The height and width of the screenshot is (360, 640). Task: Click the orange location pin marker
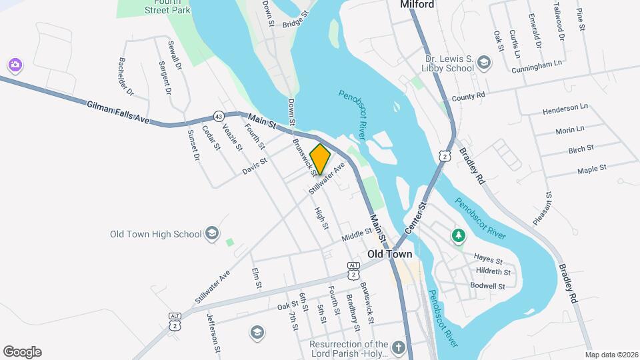coord(321,159)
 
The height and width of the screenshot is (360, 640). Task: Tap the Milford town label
coord(417,5)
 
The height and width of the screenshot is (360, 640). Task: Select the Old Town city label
coord(389,254)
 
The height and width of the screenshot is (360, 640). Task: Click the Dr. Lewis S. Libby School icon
coord(484,63)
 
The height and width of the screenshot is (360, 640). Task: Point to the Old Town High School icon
coord(212,233)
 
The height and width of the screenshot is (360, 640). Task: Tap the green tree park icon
coord(459,235)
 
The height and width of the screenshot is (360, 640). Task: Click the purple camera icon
coord(15,65)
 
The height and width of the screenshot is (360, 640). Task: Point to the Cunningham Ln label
coord(537,67)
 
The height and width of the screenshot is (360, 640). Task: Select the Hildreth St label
coord(493,271)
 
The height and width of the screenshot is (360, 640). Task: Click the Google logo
coord(22,352)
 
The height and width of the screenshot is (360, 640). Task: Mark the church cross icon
coord(398,347)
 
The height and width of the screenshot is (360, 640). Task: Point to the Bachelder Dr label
coord(127,76)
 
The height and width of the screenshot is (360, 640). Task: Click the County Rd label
coord(467,98)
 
